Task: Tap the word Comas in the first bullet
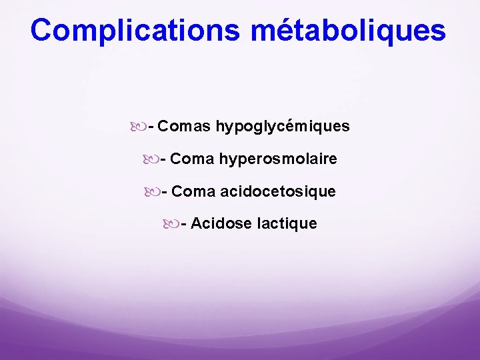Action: click(185, 126)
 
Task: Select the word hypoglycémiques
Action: click(283, 126)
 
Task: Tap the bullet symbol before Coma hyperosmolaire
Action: click(151, 159)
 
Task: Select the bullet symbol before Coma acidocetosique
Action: click(151, 191)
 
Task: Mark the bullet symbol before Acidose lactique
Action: click(171, 223)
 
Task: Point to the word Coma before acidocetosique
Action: click(193, 191)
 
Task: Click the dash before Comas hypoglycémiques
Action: click(152, 127)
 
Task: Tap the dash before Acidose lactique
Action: click(184, 224)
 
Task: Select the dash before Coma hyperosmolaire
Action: click(163, 160)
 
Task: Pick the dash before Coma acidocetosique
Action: click(164, 192)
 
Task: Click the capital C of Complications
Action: click(42, 30)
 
